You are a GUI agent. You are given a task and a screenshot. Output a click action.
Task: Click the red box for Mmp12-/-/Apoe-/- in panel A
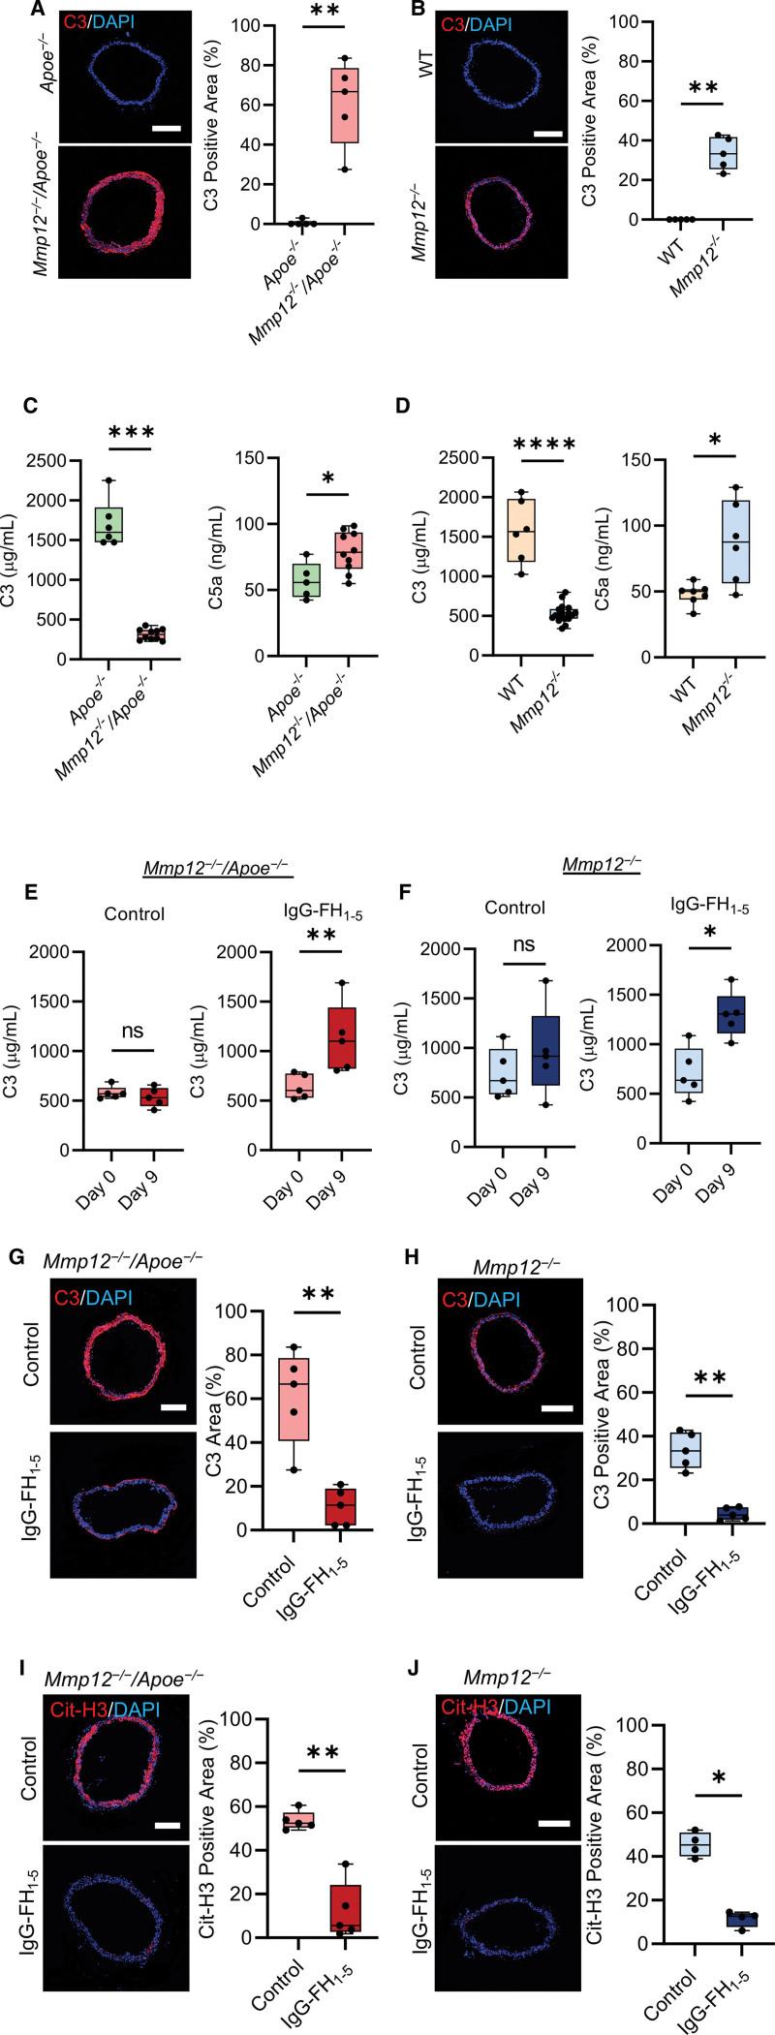(344, 106)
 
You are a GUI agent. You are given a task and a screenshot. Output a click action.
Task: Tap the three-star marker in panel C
(130, 433)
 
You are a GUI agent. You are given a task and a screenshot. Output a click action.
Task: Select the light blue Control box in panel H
(685, 1450)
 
